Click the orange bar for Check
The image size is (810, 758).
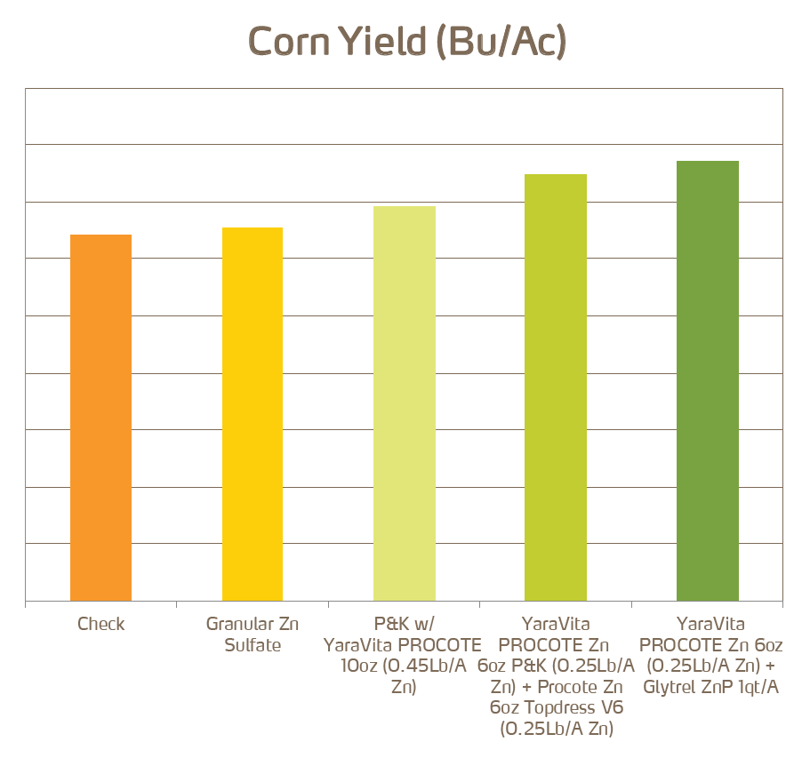pyautogui.click(x=100, y=418)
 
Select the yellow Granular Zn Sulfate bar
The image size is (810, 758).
pyautogui.click(x=253, y=414)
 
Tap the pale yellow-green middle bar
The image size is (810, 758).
pyautogui.click(x=405, y=403)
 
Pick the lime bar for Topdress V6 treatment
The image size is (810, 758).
pyautogui.click(x=556, y=387)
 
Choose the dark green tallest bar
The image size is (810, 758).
pyautogui.click(x=708, y=380)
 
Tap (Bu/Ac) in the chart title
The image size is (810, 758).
pyautogui.click(x=502, y=42)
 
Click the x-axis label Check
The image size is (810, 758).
pyautogui.click(x=100, y=624)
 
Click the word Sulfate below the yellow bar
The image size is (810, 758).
pyautogui.click(x=253, y=645)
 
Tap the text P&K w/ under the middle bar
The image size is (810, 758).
pyautogui.click(x=404, y=624)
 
